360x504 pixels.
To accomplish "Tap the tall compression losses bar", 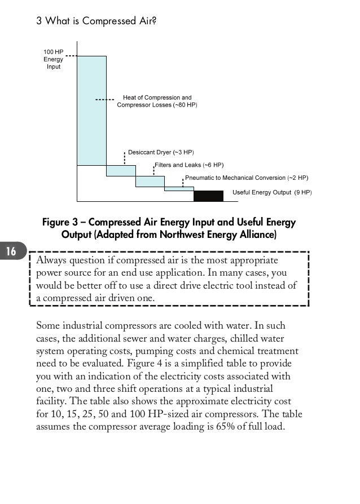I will click(91, 110).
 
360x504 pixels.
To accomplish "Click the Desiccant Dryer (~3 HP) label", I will click(161, 153).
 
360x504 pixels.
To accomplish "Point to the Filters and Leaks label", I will click(189, 165).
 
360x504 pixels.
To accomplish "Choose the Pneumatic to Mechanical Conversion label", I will click(247, 178).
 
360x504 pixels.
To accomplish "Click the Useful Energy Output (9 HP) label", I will click(272, 192).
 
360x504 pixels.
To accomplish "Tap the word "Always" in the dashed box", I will click(51, 261).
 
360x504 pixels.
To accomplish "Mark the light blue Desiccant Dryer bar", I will click(121, 170).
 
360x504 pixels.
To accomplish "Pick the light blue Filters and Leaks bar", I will click(150, 181).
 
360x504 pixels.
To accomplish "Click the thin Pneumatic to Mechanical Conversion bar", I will click(179, 189).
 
